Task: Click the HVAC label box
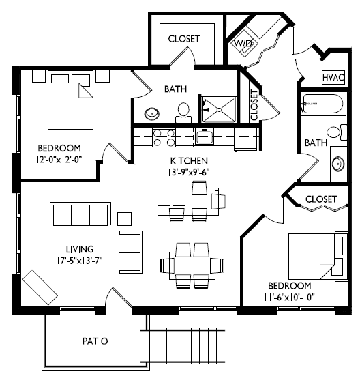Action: click(333, 77)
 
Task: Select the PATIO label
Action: click(95, 341)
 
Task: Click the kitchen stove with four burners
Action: click(164, 137)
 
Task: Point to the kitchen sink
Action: click(205, 136)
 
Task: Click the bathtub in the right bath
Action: click(323, 104)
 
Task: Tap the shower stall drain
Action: click(219, 110)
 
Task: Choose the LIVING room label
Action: click(80, 249)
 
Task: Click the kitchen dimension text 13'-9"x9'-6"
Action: click(189, 173)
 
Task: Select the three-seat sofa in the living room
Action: click(80, 214)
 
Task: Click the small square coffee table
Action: click(124, 219)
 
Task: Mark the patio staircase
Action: click(183, 346)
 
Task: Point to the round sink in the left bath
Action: click(152, 113)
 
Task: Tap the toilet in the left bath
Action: click(183, 113)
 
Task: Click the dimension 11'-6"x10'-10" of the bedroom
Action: click(289, 298)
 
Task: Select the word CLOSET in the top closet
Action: click(183, 39)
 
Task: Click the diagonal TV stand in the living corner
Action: click(40, 287)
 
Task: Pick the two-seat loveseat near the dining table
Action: click(130, 252)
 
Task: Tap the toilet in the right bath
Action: click(337, 132)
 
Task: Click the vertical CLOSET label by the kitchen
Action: click(254, 105)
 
